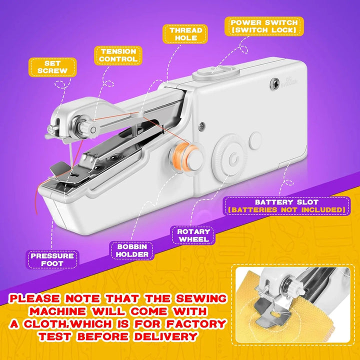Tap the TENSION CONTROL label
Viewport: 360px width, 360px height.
[x=118, y=55]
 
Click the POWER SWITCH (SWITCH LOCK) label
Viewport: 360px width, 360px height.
[x=264, y=26]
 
